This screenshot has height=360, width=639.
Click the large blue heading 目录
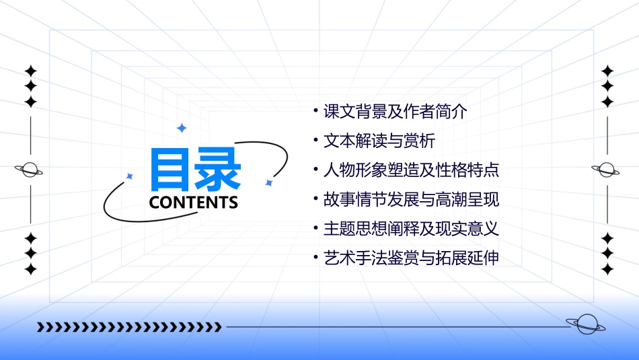click(x=195, y=168)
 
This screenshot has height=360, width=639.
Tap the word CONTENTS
click(x=193, y=203)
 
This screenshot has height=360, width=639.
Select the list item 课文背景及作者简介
click(x=395, y=112)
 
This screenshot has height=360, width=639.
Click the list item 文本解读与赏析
click(x=379, y=141)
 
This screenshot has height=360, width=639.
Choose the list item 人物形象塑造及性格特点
click(x=411, y=170)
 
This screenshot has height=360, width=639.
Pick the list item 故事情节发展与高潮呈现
click(x=411, y=200)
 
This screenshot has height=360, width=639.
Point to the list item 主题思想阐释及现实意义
click(x=411, y=229)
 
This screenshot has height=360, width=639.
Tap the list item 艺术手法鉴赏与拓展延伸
click(x=411, y=258)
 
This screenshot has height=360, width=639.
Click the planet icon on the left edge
click(x=30, y=170)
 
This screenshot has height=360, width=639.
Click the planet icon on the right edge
click(x=607, y=170)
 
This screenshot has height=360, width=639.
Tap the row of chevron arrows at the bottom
click(x=129, y=327)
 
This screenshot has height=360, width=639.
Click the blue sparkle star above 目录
click(x=181, y=128)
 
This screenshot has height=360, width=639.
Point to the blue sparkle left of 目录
click(x=130, y=176)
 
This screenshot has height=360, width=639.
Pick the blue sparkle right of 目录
click(x=268, y=182)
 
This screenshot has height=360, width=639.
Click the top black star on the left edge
click(x=30, y=71)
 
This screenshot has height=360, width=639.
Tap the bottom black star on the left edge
click(x=30, y=269)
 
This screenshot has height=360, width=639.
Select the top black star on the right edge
click(x=607, y=71)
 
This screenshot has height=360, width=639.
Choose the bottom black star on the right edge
click(x=607, y=269)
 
